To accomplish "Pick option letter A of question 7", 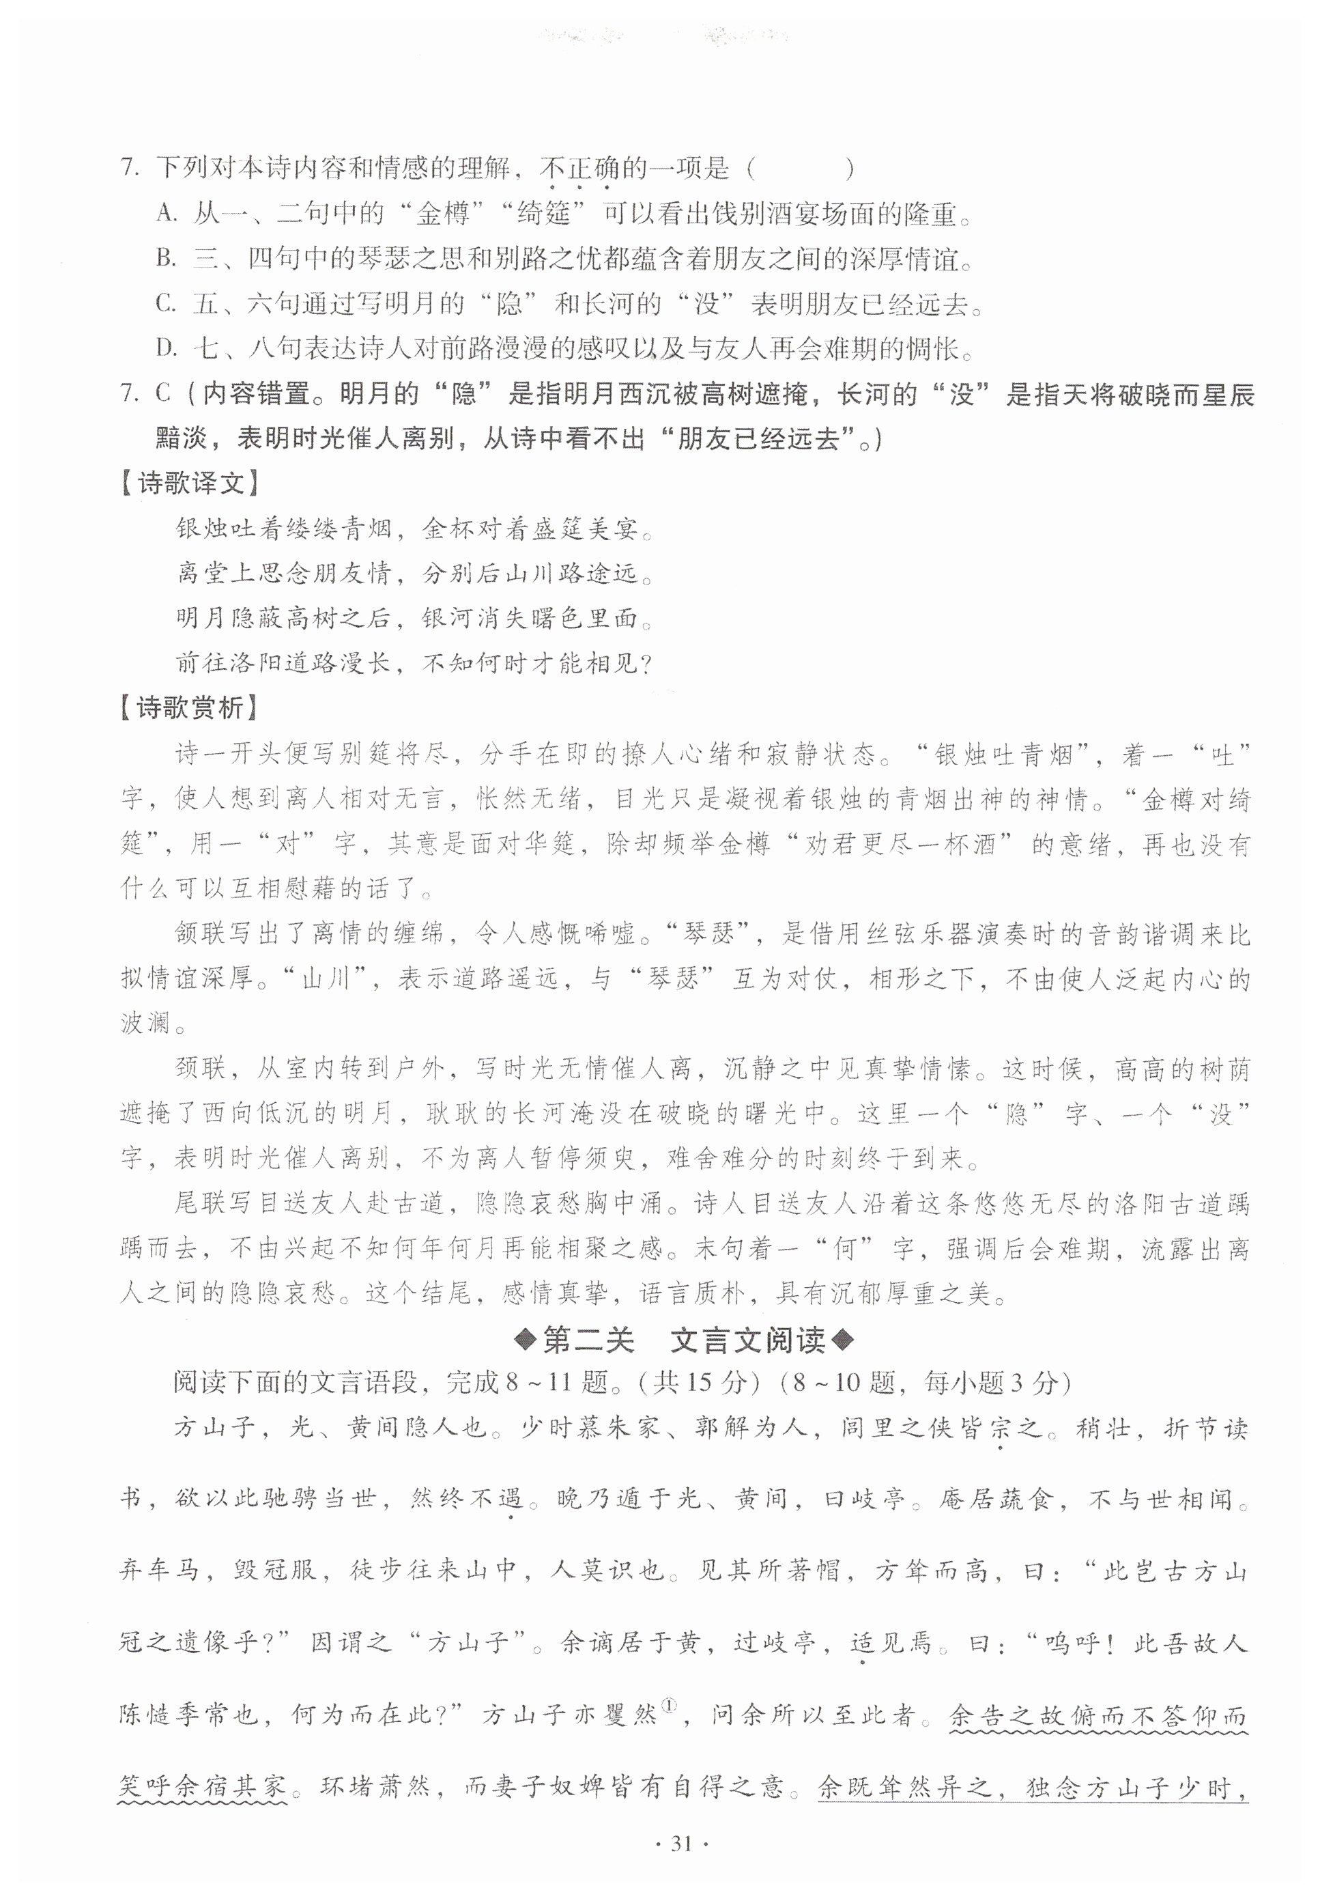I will (167, 214).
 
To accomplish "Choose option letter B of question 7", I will (167, 259).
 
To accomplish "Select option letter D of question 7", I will (167, 348).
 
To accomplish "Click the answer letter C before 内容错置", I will (162, 394).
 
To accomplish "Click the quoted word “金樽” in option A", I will (442, 214).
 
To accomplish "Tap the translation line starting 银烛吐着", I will (414, 529).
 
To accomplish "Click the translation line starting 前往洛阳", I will (414, 662).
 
